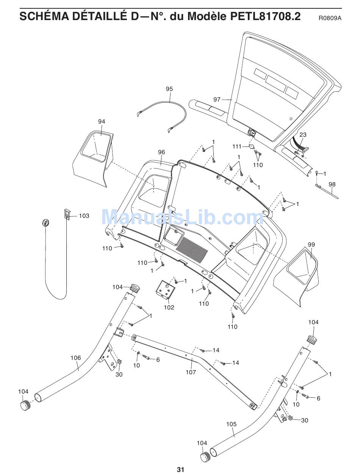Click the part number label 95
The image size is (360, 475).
coord(169,89)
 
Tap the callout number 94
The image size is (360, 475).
coord(102,122)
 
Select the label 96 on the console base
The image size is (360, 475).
coord(161,152)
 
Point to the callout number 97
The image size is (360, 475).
coord(217,100)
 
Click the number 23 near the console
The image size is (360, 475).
coord(303,134)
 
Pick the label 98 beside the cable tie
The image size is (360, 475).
coord(332,184)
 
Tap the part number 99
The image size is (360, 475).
coord(311,245)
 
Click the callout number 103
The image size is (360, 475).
coord(84,216)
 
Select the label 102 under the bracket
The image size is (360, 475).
coord(169,307)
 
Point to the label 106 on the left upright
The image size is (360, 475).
coord(76,358)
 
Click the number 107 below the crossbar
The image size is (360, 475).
coord(191,372)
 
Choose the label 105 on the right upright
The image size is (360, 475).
coord(231,424)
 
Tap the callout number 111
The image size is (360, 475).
coord(237,146)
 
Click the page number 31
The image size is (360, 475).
coord(180,470)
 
